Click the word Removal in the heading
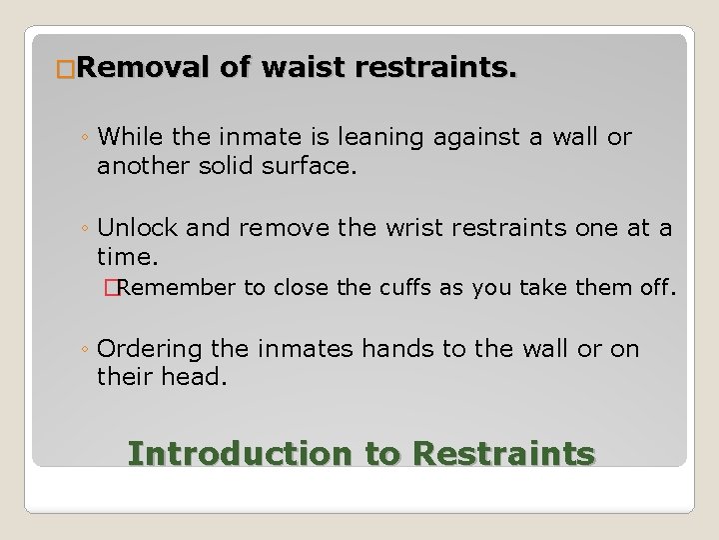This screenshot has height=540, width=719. coord(140,69)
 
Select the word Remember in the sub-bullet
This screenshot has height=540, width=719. coord(177,289)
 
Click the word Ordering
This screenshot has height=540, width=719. coord(150,350)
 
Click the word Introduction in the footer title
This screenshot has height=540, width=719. coord(240,453)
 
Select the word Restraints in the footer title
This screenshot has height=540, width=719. coord(503,453)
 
